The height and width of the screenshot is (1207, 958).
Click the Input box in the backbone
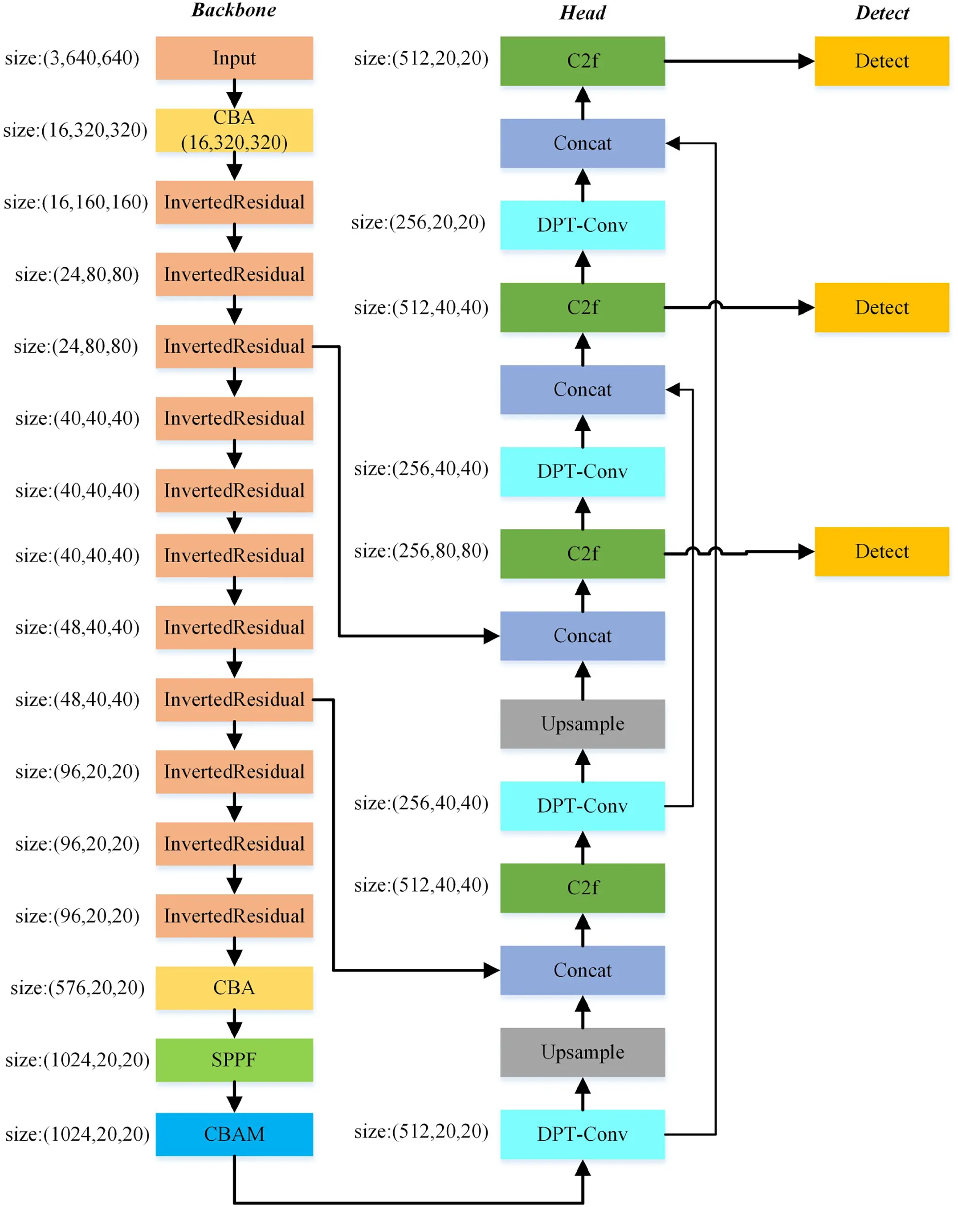(234, 58)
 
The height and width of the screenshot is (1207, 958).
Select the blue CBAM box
(234, 1134)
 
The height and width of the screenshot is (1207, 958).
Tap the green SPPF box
(234, 1059)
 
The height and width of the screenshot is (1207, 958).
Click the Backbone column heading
(234, 10)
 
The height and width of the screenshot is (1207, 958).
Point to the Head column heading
(582, 13)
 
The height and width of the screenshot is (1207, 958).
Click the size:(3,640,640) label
(72, 58)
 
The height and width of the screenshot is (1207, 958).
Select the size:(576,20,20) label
(77, 988)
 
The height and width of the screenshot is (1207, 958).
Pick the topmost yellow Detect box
(881, 60)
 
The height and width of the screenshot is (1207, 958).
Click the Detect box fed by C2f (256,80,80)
(881, 551)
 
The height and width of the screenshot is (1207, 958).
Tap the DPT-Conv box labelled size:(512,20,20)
(582, 1134)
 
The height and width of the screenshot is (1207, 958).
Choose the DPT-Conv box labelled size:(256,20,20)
(582, 224)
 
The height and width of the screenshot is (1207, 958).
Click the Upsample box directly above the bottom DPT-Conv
(582, 1052)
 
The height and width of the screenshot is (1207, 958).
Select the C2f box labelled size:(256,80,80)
(582, 553)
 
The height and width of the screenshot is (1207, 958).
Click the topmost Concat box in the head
(582, 143)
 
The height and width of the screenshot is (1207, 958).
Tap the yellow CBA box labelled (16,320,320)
(234, 130)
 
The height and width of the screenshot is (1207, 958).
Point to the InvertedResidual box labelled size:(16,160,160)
(234, 202)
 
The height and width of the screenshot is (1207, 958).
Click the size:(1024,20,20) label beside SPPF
(77, 1059)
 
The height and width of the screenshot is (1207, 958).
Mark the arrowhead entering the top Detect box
(806, 60)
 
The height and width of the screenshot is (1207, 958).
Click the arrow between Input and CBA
(234, 94)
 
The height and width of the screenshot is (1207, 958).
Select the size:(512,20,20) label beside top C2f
(421, 58)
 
